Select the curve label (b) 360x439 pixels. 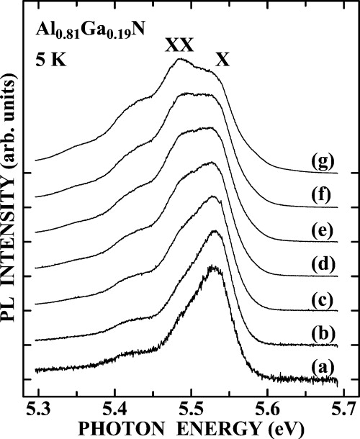(321, 332)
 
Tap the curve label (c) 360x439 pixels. (321, 297)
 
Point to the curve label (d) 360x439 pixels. (321, 263)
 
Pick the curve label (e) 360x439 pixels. (321, 228)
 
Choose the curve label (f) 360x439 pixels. (321, 194)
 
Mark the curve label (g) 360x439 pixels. (321, 160)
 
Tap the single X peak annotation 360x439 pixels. (222, 60)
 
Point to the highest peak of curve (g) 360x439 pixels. (179, 60)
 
